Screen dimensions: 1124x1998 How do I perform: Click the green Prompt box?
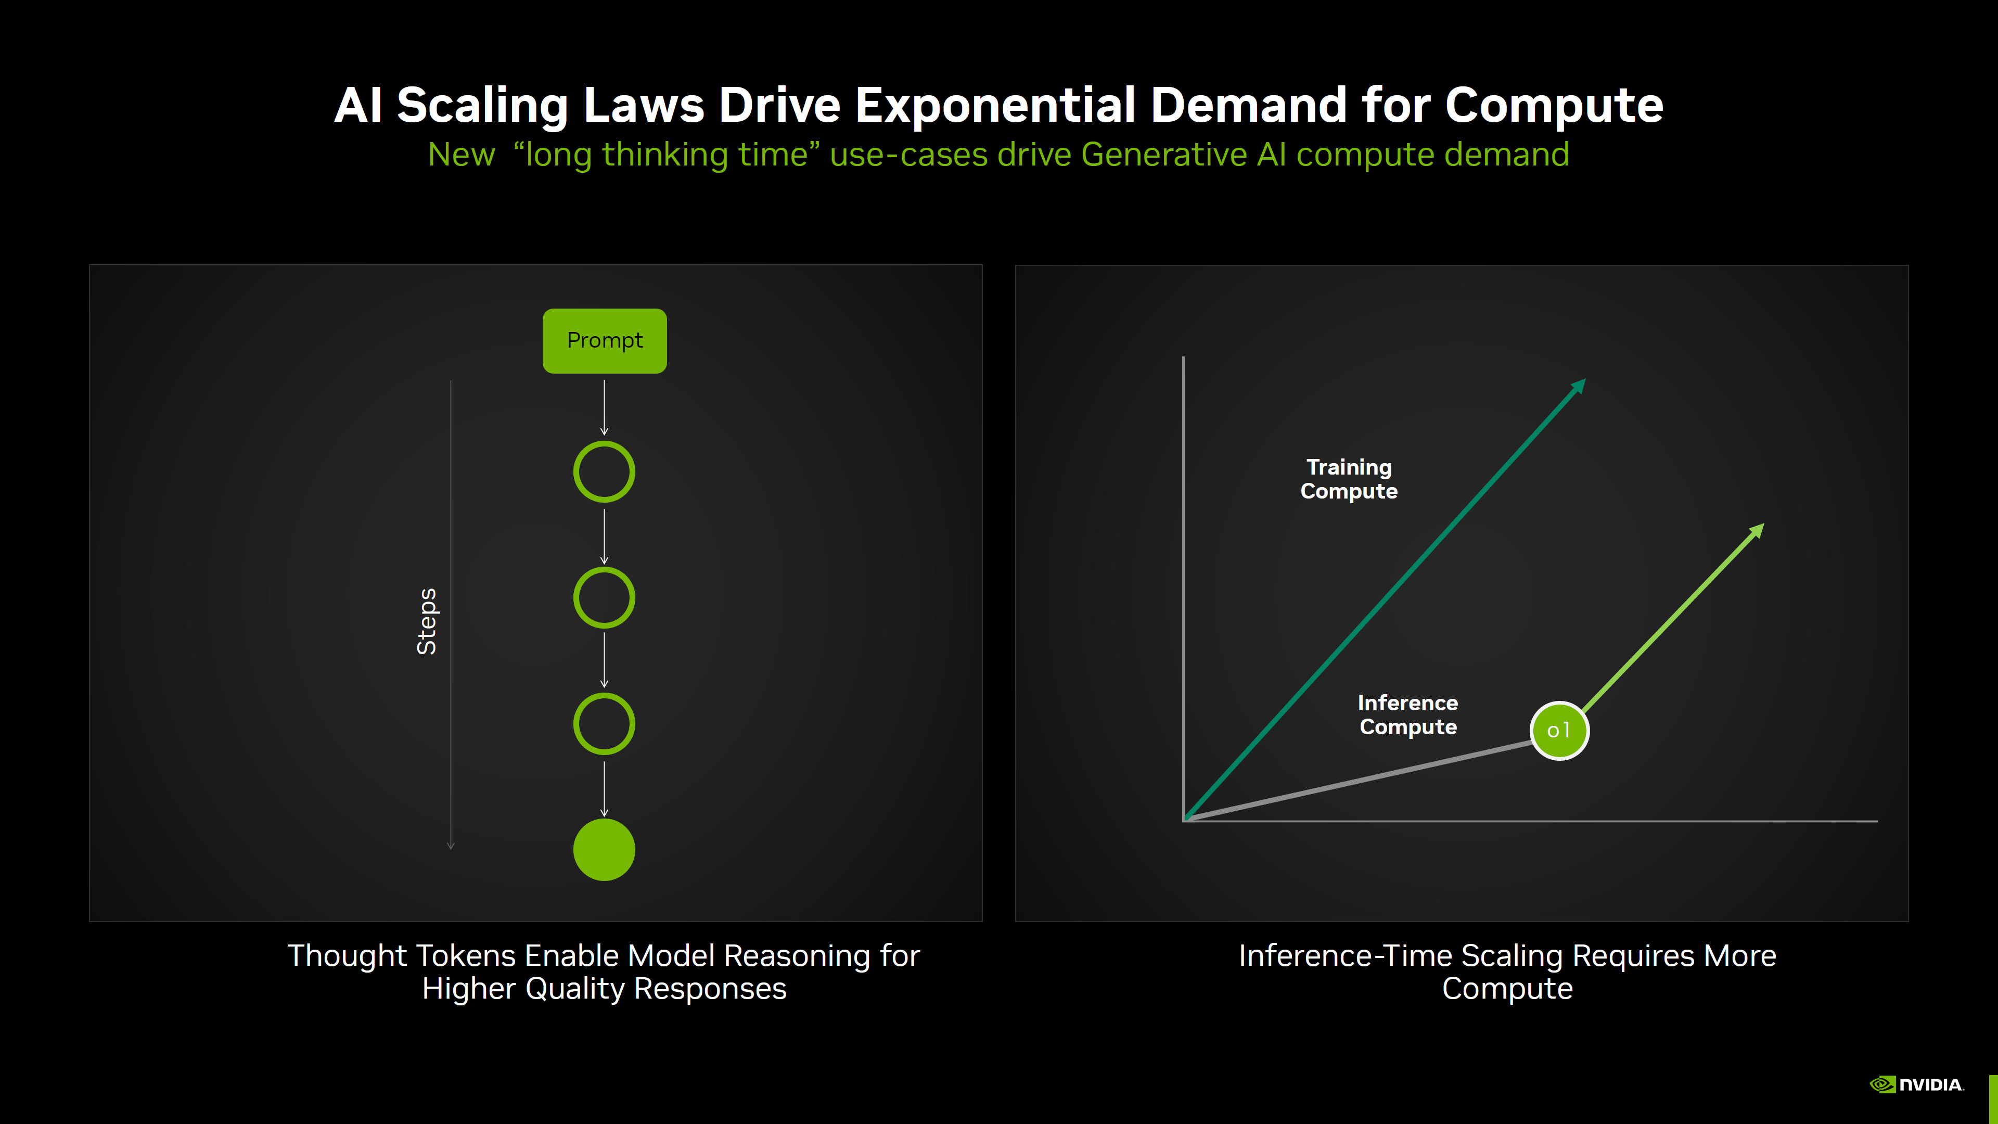point(604,340)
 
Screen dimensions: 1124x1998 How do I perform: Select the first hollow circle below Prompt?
point(604,471)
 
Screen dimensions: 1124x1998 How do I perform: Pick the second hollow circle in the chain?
point(604,597)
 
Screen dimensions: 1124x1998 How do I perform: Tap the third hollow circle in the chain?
point(604,724)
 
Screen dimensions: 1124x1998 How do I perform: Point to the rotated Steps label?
point(427,621)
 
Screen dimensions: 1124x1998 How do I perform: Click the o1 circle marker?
point(1559,731)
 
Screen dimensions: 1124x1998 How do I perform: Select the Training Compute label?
point(1349,479)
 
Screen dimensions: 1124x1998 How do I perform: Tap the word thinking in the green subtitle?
point(665,155)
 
